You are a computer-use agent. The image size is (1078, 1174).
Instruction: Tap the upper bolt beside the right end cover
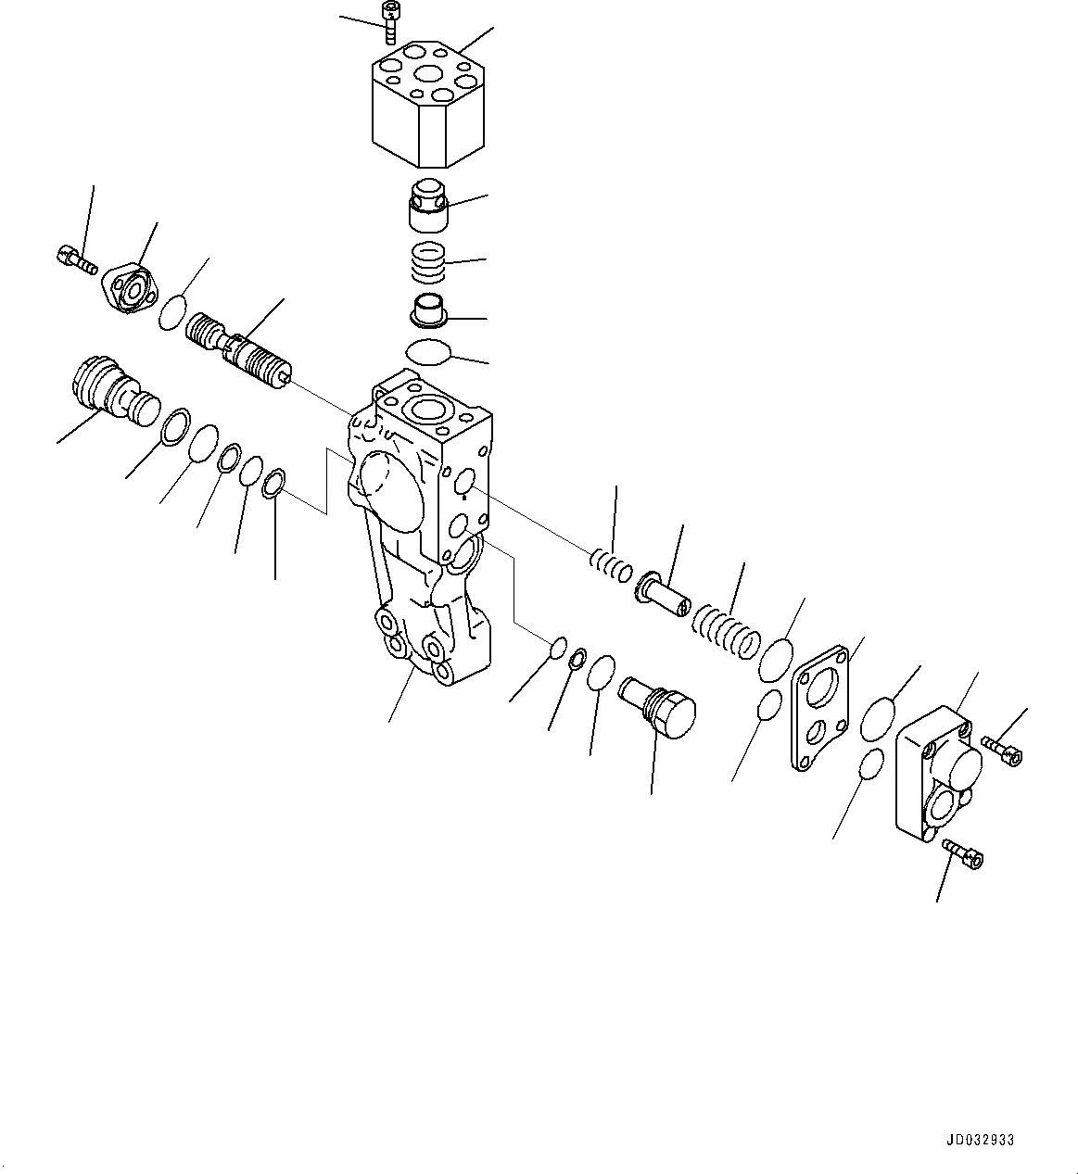(1001, 750)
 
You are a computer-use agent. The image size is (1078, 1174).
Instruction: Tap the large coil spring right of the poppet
(729, 631)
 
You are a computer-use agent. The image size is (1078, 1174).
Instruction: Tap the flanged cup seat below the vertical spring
(429, 310)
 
